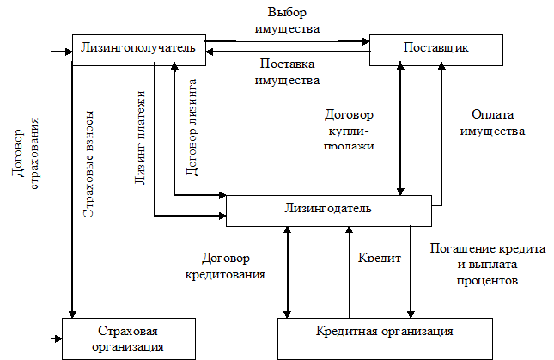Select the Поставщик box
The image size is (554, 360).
pos(436,49)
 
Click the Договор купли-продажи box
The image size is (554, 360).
pos(347,127)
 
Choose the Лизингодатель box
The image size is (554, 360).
pos(328,209)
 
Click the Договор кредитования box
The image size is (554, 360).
pos(225,266)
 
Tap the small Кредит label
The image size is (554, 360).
pos(379,257)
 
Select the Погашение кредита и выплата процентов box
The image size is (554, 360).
pos(485,265)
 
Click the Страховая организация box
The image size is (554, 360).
pos(128,339)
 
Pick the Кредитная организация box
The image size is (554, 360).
pos(384,332)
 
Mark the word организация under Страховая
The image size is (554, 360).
pos(128,346)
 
